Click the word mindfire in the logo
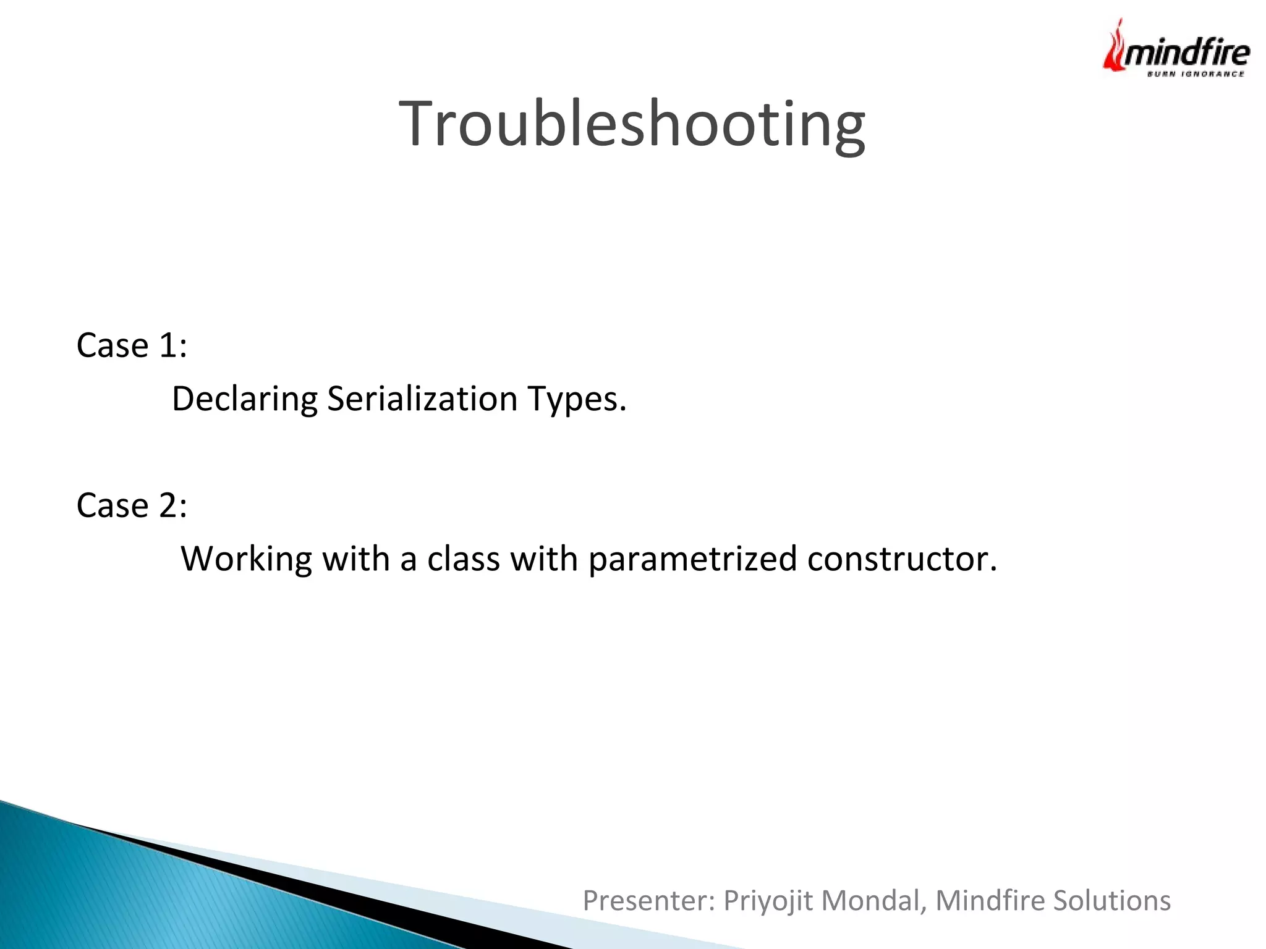pos(1186,53)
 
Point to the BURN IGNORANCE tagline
pos(1196,74)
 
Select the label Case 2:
pos(132,505)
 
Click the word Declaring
pos(244,399)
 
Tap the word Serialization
pos(422,399)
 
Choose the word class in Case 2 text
pos(463,559)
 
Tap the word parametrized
pos(692,560)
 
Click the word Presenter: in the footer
pos(648,901)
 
